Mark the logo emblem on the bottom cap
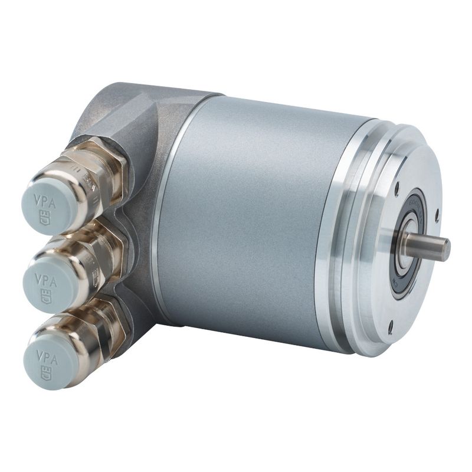(x=45, y=372)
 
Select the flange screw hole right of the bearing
(x=437, y=214)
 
